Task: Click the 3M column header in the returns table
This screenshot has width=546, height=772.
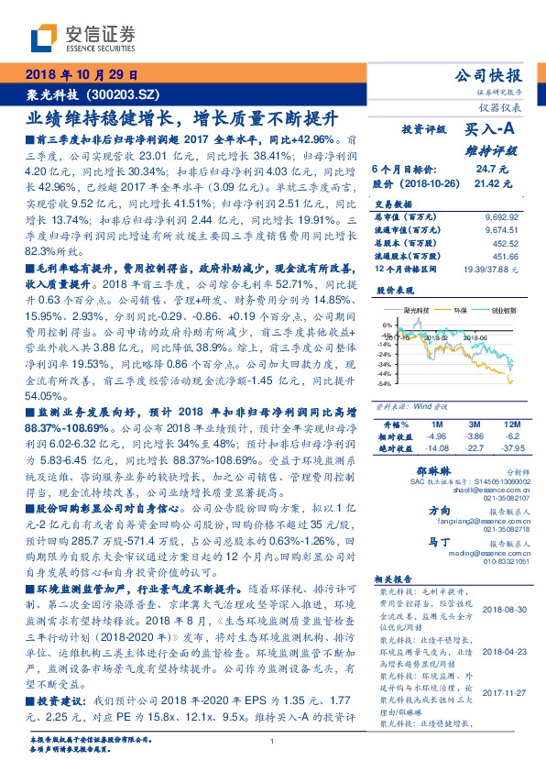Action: pyautogui.click(x=475, y=425)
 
